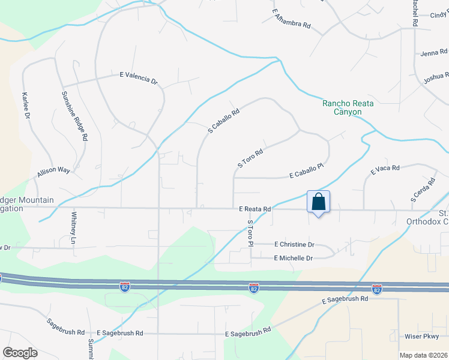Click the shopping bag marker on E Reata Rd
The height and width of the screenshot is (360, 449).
point(318,202)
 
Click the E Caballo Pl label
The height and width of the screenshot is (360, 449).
point(306,173)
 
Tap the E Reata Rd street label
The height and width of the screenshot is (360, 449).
point(255,209)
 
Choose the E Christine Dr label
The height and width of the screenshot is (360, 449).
point(294,244)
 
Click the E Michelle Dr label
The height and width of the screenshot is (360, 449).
point(293,258)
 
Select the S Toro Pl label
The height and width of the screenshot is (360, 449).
point(251,233)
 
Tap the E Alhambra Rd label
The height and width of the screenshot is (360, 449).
point(291,19)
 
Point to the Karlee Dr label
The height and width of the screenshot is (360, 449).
point(26,106)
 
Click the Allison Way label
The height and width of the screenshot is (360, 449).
point(53,171)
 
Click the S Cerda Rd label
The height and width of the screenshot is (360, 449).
point(423,189)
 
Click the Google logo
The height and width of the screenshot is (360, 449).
point(20,353)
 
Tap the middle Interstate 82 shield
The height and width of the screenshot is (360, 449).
point(254,289)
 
